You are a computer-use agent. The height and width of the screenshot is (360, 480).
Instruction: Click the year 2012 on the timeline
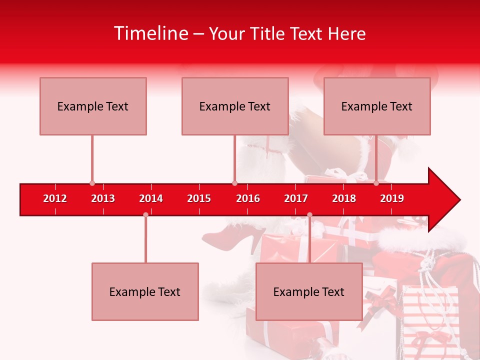(55, 198)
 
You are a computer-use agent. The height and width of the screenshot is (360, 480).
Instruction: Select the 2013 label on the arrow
(103, 198)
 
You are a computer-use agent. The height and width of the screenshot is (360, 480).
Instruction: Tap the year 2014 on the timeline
(151, 198)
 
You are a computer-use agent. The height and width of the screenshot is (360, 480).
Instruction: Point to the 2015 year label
(199, 198)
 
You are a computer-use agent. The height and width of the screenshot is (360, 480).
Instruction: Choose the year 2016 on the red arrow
(248, 198)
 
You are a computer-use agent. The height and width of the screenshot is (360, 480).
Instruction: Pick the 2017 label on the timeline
(296, 198)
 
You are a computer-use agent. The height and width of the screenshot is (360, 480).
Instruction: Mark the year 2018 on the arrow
(344, 198)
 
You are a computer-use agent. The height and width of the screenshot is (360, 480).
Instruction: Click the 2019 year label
(392, 198)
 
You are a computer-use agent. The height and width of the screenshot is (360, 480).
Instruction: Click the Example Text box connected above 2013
(93, 106)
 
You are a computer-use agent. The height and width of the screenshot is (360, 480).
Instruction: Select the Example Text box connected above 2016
(235, 106)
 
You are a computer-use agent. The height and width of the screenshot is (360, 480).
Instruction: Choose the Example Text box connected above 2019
(377, 106)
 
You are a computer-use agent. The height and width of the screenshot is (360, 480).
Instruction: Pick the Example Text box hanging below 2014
(145, 291)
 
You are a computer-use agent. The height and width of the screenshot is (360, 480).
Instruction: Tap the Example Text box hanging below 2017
(309, 291)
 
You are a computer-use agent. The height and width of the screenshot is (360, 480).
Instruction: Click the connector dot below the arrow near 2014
(145, 214)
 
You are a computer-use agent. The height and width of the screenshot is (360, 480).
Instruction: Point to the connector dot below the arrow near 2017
(309, 214)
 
